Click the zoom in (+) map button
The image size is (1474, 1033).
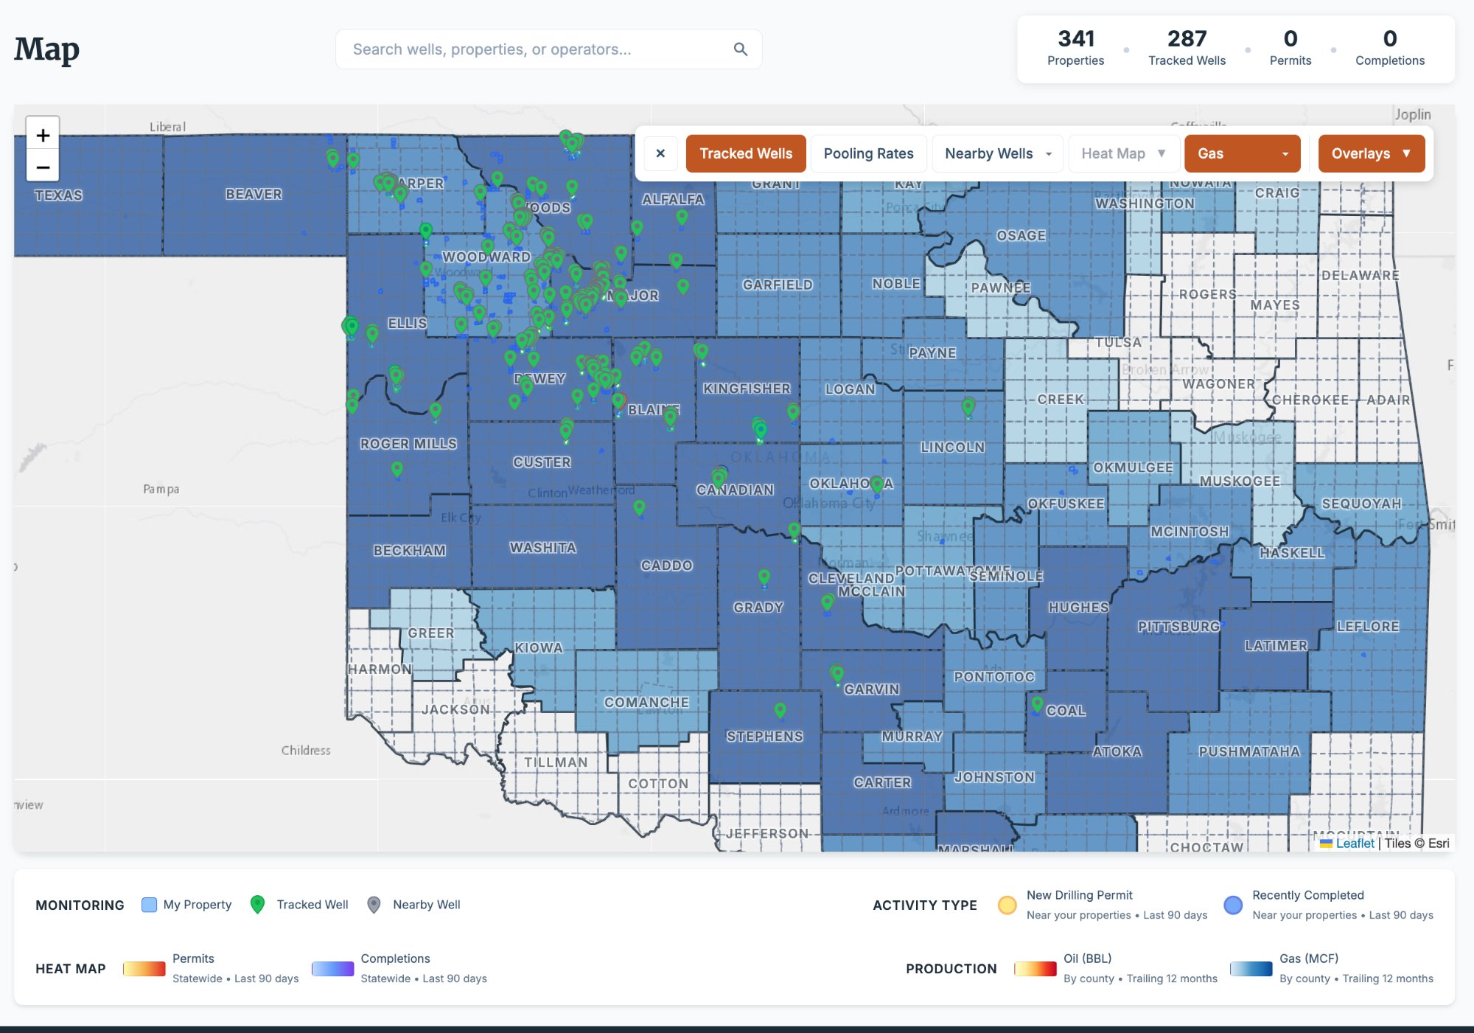click(43, 136)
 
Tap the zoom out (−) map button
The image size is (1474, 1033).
click(43, 167)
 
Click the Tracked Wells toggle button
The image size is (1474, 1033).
click(745, 153)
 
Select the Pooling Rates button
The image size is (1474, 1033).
click(868, 153)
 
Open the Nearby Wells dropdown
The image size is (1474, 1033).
click(997, 153)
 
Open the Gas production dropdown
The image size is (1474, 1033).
click(1242, 153)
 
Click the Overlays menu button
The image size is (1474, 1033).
click(1371, 153)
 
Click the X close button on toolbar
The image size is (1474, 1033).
click(660, 153)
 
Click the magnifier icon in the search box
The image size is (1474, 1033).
click(740, 49)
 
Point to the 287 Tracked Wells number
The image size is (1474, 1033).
click(1187, 39)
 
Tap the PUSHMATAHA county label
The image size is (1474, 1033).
click(1248, 751)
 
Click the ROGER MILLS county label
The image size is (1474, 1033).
click(408, 444)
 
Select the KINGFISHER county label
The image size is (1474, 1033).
click(746, 389)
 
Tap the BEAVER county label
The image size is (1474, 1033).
click(254, 194)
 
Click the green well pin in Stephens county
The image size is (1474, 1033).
click(780, 709)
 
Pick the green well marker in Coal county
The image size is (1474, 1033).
click(1037, 703)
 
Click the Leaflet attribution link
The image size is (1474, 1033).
click(1355, 844)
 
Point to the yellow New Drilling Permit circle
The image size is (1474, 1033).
click(1007, 905)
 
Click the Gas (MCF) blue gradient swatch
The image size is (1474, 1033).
click(1251, 968)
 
